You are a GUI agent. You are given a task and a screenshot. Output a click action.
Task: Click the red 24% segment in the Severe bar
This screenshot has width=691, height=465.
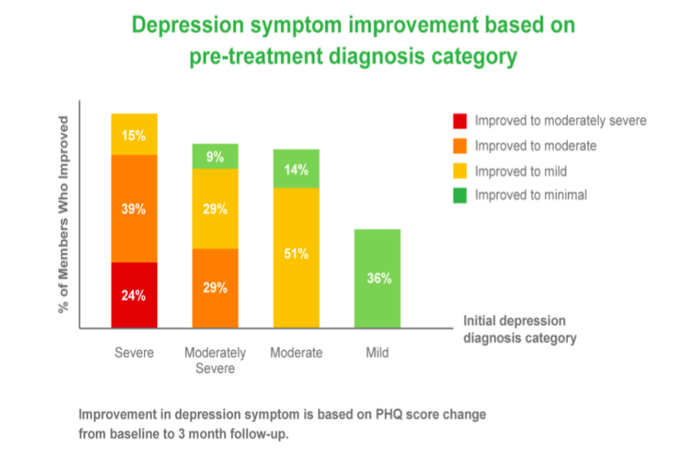click(x=134, y=295)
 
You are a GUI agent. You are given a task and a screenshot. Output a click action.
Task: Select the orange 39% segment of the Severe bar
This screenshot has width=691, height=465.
click(x=134, y=209)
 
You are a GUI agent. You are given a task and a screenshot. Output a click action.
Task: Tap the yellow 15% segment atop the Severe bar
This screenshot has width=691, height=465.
click(x=134, y=134)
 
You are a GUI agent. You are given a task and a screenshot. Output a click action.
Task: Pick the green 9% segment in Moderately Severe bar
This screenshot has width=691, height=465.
click(x=215, y=156)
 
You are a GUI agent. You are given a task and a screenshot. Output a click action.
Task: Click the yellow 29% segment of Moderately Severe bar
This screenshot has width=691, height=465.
click(x=215, y=209)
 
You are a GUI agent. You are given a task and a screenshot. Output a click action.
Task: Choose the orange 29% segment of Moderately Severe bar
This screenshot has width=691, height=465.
click(x=215, y=288)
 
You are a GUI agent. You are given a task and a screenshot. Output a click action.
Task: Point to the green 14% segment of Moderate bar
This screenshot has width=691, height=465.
click(x=296, y=169)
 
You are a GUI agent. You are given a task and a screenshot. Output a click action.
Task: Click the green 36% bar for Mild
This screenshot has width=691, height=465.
click(x=377, y=278)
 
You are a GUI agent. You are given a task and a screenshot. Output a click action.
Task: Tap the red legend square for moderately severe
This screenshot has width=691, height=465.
click(x=459, y=121)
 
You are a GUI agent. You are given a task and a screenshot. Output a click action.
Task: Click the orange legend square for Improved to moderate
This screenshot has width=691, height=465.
click(x=459, y=145)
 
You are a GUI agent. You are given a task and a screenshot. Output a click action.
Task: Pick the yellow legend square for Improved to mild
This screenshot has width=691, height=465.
click(x=459, y=170)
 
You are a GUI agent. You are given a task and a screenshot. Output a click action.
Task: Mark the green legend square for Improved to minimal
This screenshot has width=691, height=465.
click(x=459, y=195)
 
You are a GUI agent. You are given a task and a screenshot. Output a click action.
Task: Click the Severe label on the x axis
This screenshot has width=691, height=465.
click(x=134, y=353)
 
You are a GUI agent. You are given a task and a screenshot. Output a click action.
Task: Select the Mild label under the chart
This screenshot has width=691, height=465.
click(x=377, y=353)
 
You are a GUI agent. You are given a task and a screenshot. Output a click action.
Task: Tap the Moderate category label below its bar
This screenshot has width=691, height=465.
click(x=296, y=353)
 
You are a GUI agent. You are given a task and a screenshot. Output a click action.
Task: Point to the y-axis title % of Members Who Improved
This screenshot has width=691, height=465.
click(x=64, y=214)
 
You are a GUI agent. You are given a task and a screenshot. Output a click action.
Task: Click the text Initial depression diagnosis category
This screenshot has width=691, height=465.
click(x=519, y=329)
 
